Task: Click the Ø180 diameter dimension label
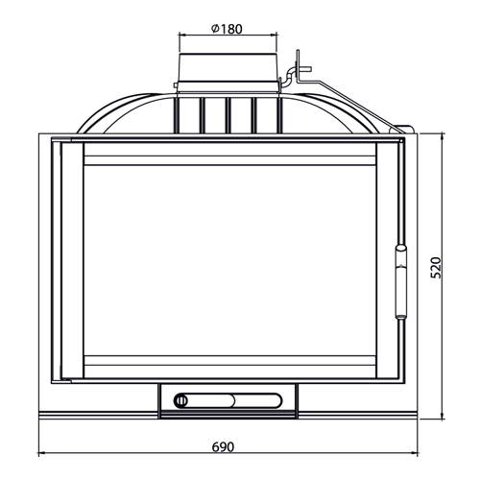[x=227, y=29]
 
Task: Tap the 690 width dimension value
[x=223, y=446]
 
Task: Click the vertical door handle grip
[x=400, y=282]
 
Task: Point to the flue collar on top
[x=228, y=72]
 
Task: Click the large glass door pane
[x=229, y=260]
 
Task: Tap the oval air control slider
[x=228, y=400]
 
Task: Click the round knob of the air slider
[x=181, y=401]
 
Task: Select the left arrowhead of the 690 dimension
[x=42, y=453]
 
